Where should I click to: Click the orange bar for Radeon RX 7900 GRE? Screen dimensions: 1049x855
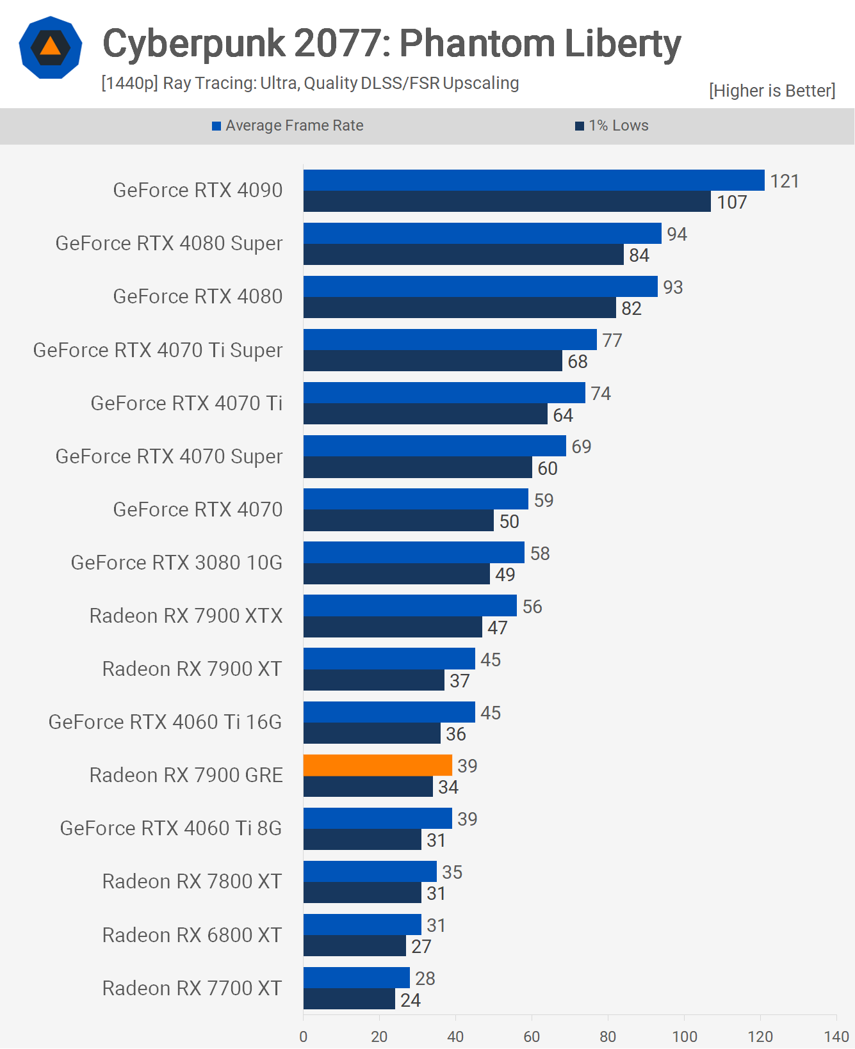[x=377, y=765]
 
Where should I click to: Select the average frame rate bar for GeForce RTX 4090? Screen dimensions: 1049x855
[x=533, y=180]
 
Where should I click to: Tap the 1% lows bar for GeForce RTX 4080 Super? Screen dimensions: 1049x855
[x=463, y=255]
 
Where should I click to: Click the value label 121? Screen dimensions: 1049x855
[x=784, y=181]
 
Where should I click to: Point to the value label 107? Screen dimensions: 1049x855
[x=731, y=202]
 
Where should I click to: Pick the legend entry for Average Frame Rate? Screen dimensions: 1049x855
[x=288, y=125]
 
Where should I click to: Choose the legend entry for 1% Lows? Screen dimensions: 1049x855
[x=612, y=125]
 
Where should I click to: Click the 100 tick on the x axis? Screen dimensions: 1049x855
[x=684, y=1036]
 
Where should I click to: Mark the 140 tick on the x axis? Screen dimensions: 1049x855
[x=836, y=1036]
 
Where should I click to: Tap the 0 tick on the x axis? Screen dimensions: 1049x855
[x=304, y=1036]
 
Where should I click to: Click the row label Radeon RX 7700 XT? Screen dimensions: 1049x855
[x=191, y=988]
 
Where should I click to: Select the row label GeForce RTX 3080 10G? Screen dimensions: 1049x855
[x=176, y=563]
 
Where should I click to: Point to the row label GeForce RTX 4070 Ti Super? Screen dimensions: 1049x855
[x=158, y=350]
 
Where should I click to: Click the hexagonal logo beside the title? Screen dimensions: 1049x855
[x=51, y=47]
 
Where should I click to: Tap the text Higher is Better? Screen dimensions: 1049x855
[x=772, y=91]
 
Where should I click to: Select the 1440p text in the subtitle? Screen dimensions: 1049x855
[x=129, y=83]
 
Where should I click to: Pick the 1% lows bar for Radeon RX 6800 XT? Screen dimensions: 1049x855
[x=354, y=946]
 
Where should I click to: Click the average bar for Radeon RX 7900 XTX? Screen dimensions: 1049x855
[x=410, y=605]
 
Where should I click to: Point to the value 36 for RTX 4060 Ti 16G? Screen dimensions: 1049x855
[x=455, y=734]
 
